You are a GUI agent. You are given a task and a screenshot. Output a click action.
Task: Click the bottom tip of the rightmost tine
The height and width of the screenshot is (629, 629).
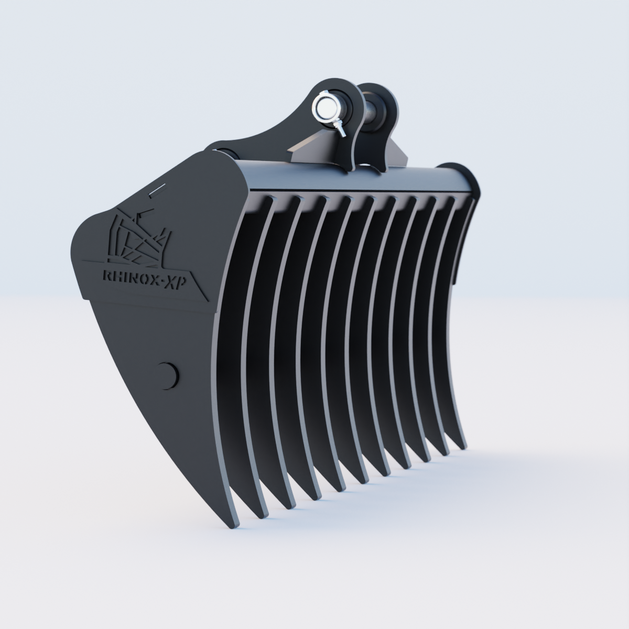461,447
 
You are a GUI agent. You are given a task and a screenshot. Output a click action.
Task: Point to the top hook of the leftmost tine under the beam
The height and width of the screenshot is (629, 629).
270,201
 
